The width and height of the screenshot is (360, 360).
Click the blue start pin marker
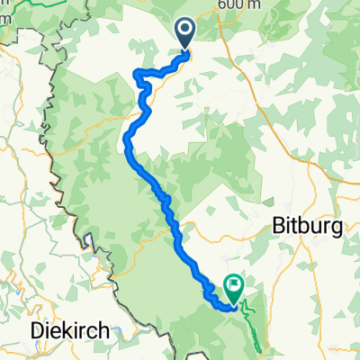pyautogui.click(x=186, y=33)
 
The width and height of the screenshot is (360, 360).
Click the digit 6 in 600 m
pyautogui.click(x=220, y=5)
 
